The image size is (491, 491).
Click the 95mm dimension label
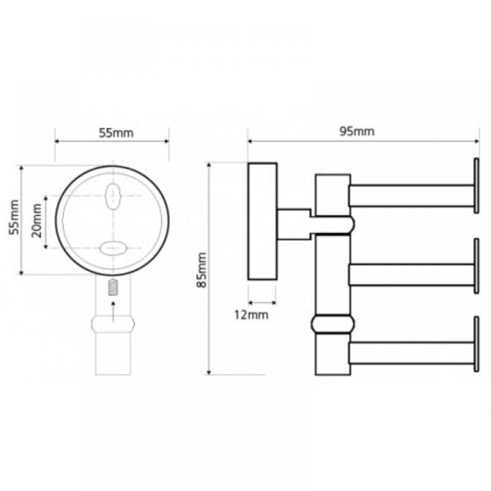click(x=356, y=132)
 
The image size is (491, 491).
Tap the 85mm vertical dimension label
click(x=201, y=270)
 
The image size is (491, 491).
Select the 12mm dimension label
click(x=251, y=315)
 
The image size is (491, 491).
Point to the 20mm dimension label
click(x=37, y=220)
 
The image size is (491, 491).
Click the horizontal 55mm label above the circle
click(x=116, y=133)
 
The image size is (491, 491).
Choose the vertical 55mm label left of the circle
click(x=14, y=217)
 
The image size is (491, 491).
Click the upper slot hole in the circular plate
click(x=112, y=196)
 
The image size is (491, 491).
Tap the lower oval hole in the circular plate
click(x=113, y=248)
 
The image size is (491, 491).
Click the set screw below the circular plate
click(x=112, y=287)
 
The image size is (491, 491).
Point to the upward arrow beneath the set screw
click(x=113, y=312)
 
